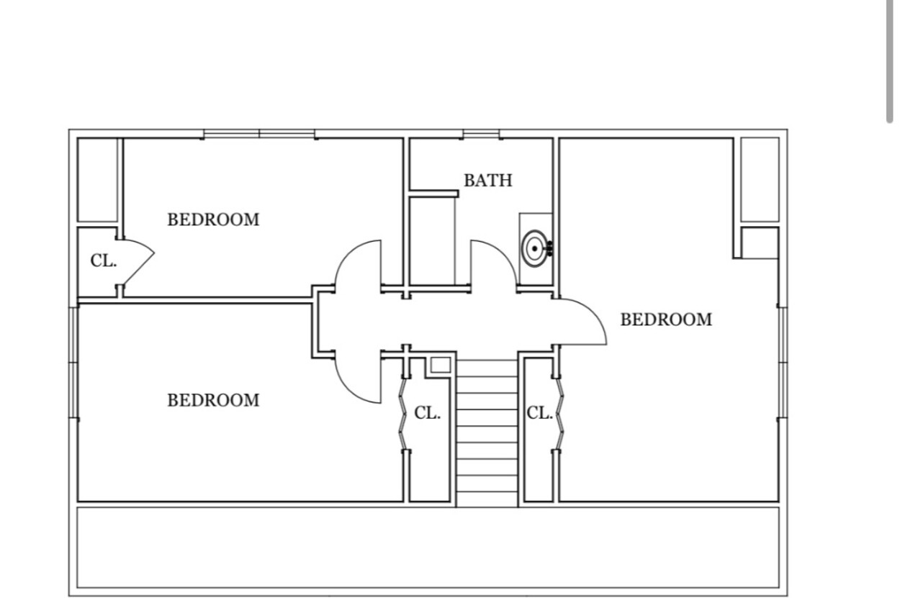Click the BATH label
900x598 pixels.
click(x=488, y=181)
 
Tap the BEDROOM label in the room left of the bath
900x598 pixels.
click(x=213, y=219)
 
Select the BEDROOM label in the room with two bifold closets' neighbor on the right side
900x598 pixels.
click(x=666, y=320)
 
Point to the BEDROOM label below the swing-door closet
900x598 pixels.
click(x=213, y=400)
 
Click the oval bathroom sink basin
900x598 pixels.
click(x=535, y=248)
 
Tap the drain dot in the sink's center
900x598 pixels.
click(x=535, y=248)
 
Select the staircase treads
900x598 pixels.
click(x=487, y=432)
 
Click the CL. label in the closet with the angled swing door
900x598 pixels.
click(x=104, y=261)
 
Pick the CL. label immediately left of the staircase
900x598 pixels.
click(x=428, y=413)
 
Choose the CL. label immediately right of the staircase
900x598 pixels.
click(x=539, y=413)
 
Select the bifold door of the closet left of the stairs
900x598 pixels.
click(x=402, y=414)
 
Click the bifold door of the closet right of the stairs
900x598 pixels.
click(x=560, y=414)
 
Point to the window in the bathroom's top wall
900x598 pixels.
click(x=481, y=134)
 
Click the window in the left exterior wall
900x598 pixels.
click(x=73, y=363)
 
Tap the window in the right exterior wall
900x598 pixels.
click(x=783, y=363)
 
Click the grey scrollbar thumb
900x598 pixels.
click(x=889, y=60)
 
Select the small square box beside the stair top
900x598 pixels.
click(x=441, y=365)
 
